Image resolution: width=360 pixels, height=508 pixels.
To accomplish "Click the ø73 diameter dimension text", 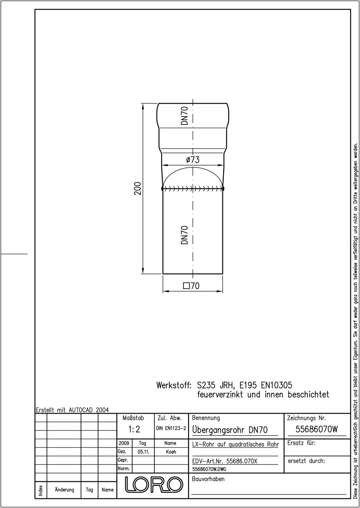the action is click(193, 160).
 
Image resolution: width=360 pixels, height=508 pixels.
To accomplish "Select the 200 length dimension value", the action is click(138, 188).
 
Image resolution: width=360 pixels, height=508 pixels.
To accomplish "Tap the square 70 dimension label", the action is click(191, 286).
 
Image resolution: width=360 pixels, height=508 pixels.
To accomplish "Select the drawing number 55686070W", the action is click(317, 429).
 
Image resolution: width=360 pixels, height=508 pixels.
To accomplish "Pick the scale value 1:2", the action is click(134, 429).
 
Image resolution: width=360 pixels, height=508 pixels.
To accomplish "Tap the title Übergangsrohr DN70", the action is click(230, 430).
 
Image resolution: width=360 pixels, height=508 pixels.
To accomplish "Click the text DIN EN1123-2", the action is click(171, 428).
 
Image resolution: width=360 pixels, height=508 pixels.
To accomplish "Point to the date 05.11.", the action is click(144, 452).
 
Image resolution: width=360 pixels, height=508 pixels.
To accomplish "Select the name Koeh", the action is click(171, 452).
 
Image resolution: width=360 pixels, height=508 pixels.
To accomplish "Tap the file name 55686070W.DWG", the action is click(209, 469).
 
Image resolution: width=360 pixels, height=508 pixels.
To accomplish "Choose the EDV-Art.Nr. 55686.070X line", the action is click(224, 461).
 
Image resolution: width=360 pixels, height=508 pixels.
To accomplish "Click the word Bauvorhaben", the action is click(208, 479).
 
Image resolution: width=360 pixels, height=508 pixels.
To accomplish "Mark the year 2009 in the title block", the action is click(124, 443).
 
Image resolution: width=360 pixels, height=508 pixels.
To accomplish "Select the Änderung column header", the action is click(64, 490).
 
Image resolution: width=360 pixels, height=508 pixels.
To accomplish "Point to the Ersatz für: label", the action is click(301, 443).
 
